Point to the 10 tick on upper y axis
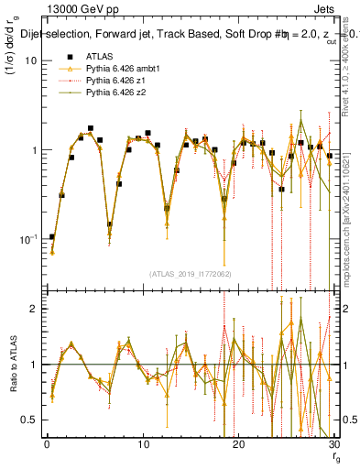[30, 60]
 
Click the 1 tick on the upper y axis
[33, 150]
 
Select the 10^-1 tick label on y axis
[27, 240]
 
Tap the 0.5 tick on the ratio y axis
[28, 420]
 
